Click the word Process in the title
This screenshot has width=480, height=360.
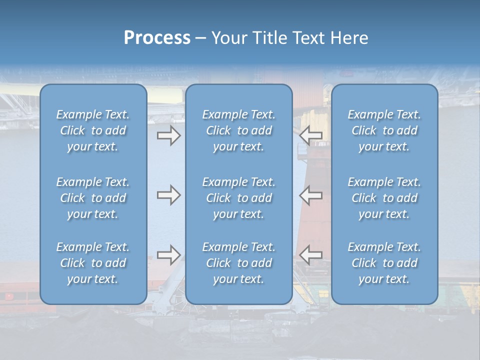coord(157,38)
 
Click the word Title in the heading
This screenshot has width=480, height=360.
coord(270,38)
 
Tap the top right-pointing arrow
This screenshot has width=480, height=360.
coord(169,136)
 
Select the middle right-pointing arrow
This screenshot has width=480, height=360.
coord(169,195)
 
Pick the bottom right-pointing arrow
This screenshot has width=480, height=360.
coord(169,255)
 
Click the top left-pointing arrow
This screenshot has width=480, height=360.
coord(311,135)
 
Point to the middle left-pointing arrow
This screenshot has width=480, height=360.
coord(311,195)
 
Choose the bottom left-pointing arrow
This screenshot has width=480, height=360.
coord(311,255)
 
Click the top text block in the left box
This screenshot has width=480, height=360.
coord(93,130)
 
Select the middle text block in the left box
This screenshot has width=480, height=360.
coord(93,198)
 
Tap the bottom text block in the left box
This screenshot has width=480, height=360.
coord(93,263)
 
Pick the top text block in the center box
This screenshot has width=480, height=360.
coord(238,130)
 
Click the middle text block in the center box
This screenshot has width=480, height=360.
coord(238,198)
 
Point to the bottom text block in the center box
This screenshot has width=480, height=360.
coord(238,263)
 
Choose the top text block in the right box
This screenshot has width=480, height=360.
coord(384,130)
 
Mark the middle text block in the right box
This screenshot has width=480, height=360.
coord(384,198)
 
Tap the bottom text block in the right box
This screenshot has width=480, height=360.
coord(384,263)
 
